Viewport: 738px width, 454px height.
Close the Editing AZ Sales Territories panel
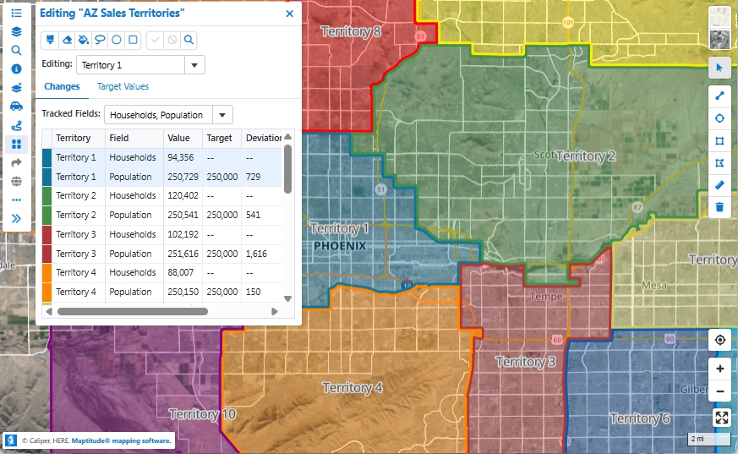click(x=289, y=14)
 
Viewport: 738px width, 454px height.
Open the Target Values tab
click(x=123, y=86)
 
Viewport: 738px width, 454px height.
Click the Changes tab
click(x=62, y=86)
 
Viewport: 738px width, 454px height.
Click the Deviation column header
click(x=263, y=138)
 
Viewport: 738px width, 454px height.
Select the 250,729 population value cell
click(x=182, y=177)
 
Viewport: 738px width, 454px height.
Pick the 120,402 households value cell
click(x=182, y=195)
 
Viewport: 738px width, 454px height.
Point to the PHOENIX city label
click(x=340, y=246)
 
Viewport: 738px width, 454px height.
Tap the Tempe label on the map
click(x=545, y=297)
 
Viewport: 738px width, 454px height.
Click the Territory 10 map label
click(x=203, y=414)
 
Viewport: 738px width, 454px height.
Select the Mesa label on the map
click(x=653, y=285)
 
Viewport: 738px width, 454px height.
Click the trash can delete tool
click(x=719, y=206)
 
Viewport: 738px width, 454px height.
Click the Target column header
click(x=219, y=138)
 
